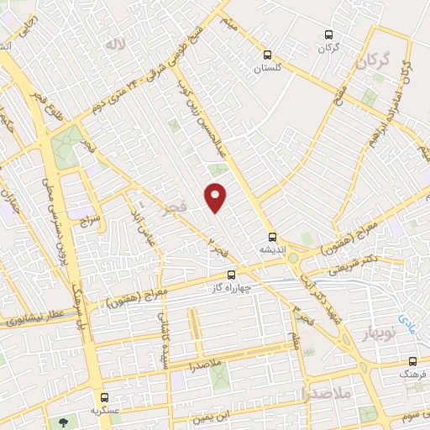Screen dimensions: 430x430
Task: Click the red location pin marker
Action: click(x=216, y=197)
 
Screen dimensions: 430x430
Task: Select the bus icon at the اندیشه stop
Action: click(x=271, y=236)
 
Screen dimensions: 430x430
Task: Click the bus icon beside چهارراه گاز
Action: click(x=232, y=275)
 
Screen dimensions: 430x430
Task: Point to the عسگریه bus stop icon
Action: click(x=104, y=397)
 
